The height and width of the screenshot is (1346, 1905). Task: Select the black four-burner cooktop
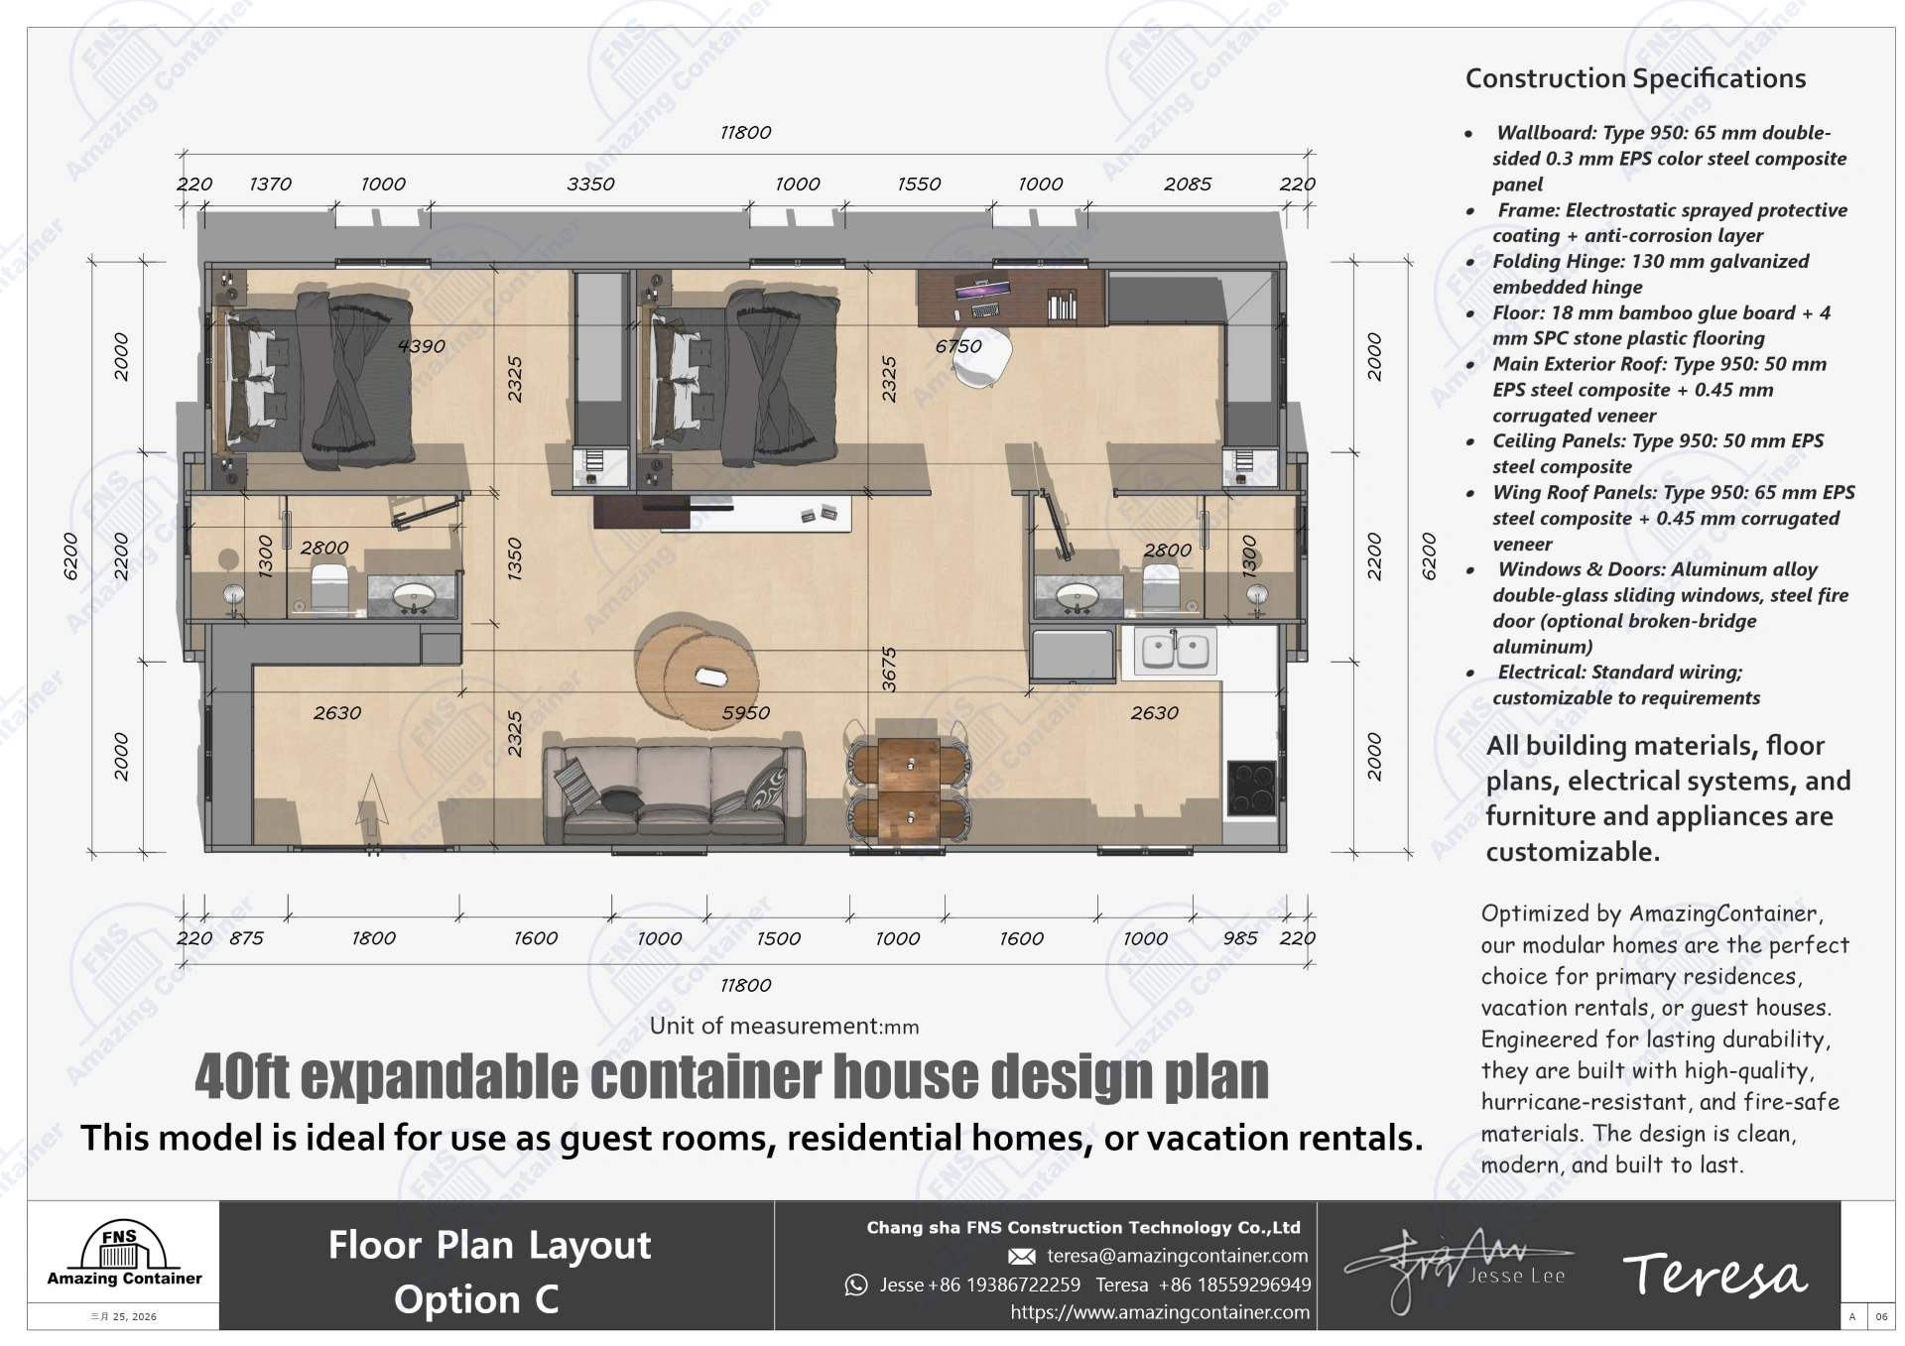(x=1251, y=788)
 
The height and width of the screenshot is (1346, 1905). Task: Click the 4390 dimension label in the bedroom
(x=421, y=346)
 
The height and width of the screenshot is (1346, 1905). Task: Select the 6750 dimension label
(x=957, y=346)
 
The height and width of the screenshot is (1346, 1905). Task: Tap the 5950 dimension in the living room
(x=746, y=713)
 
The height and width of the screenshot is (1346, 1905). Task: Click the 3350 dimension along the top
(x=590, y=184)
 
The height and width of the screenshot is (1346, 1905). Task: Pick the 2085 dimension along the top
(x=1187, y=184)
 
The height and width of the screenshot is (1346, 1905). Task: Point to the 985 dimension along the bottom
(x=1240, y=938)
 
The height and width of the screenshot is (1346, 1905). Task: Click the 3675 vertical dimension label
(x=889, y=670)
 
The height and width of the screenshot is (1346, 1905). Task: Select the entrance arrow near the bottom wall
(x=372, y=803)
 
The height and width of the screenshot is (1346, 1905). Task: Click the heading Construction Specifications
(x=1635, y=78)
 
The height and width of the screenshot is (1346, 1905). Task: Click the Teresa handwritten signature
(x=1714, y=1275)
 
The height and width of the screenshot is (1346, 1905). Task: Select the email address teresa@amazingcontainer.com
(x=1177, y=1256)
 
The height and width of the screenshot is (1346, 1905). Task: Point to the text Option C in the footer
(x=476, y=1299)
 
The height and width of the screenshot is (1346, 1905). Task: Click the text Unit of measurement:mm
(x=784, y=1027)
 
